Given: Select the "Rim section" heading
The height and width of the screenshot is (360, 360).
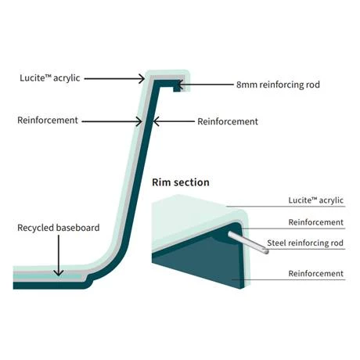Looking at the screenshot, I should click(181, 182).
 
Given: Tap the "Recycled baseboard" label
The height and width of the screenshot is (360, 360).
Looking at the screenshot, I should click(59, 228).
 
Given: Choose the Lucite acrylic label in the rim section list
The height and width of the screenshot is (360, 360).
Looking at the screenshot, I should click(313, 200).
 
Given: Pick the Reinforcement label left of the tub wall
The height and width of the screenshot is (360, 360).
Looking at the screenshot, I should click(49, 121).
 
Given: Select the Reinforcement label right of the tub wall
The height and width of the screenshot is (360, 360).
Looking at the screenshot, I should click(228, 121).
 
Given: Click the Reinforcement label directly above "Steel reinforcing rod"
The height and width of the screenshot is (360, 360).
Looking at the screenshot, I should click(316, 222).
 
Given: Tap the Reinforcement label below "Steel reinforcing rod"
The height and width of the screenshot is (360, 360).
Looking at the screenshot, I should click(316, 273).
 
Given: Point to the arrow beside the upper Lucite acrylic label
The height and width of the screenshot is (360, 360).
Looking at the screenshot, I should click(113, 78).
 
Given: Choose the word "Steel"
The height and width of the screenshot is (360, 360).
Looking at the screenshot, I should click(278, 243).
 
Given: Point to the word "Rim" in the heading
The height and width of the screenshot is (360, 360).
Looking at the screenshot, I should click(160, 182).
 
